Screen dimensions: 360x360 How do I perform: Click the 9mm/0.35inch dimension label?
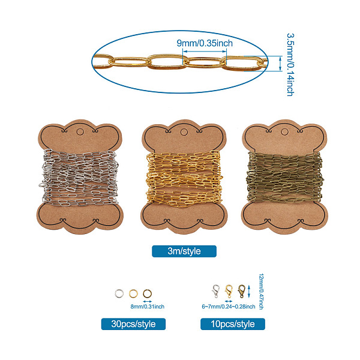[205, 43]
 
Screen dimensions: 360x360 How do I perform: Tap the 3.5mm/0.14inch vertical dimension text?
[289, 64]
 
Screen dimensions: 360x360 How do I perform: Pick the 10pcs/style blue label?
[233, 324]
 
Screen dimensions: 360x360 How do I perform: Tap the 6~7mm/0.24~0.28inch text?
[230, 307]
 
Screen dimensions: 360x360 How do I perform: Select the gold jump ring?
[133, 293]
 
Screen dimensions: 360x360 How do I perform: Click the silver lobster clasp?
[215, 292]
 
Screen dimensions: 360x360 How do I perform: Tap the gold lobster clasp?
[228, 292]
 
